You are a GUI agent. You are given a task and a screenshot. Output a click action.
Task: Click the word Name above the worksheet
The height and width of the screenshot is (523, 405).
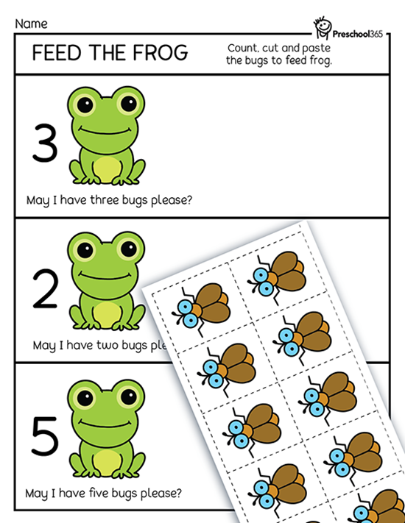coord(31,24)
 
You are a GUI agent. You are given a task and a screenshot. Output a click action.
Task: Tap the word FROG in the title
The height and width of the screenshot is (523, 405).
coord(161,53)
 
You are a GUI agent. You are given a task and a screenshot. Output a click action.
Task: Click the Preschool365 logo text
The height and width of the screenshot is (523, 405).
coord(358,34)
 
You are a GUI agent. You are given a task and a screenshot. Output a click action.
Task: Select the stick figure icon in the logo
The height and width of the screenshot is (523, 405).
coord(323,27)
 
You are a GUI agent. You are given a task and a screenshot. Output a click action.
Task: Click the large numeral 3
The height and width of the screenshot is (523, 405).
coord(45,143)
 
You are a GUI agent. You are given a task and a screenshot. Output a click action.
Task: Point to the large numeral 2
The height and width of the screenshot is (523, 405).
coord(46,288)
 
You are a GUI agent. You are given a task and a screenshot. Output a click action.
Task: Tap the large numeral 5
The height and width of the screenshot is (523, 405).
coord(45,436)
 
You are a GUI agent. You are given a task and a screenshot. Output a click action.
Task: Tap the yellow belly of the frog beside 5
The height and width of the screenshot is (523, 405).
coord(107,462)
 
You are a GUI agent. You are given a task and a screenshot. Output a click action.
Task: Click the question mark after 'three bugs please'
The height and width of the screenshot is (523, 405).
coord(189,199)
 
